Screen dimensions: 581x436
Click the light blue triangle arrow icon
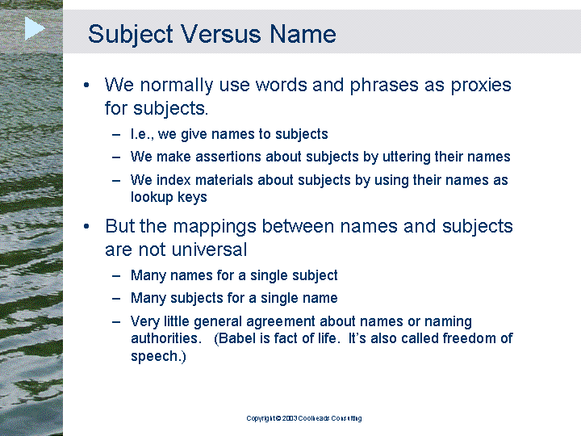coord(34,28)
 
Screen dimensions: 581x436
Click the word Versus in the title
coord(221,34)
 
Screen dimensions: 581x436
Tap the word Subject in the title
coord(131,35)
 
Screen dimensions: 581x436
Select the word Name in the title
coord(303,34)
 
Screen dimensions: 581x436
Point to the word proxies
coord(481,86)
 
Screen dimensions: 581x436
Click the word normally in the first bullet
coord(177,86)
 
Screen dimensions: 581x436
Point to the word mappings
coord(215,227)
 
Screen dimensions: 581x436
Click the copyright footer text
coord(304,418)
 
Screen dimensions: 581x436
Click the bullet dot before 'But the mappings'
coord(86,226)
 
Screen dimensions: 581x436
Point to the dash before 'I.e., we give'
coord(116,134)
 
